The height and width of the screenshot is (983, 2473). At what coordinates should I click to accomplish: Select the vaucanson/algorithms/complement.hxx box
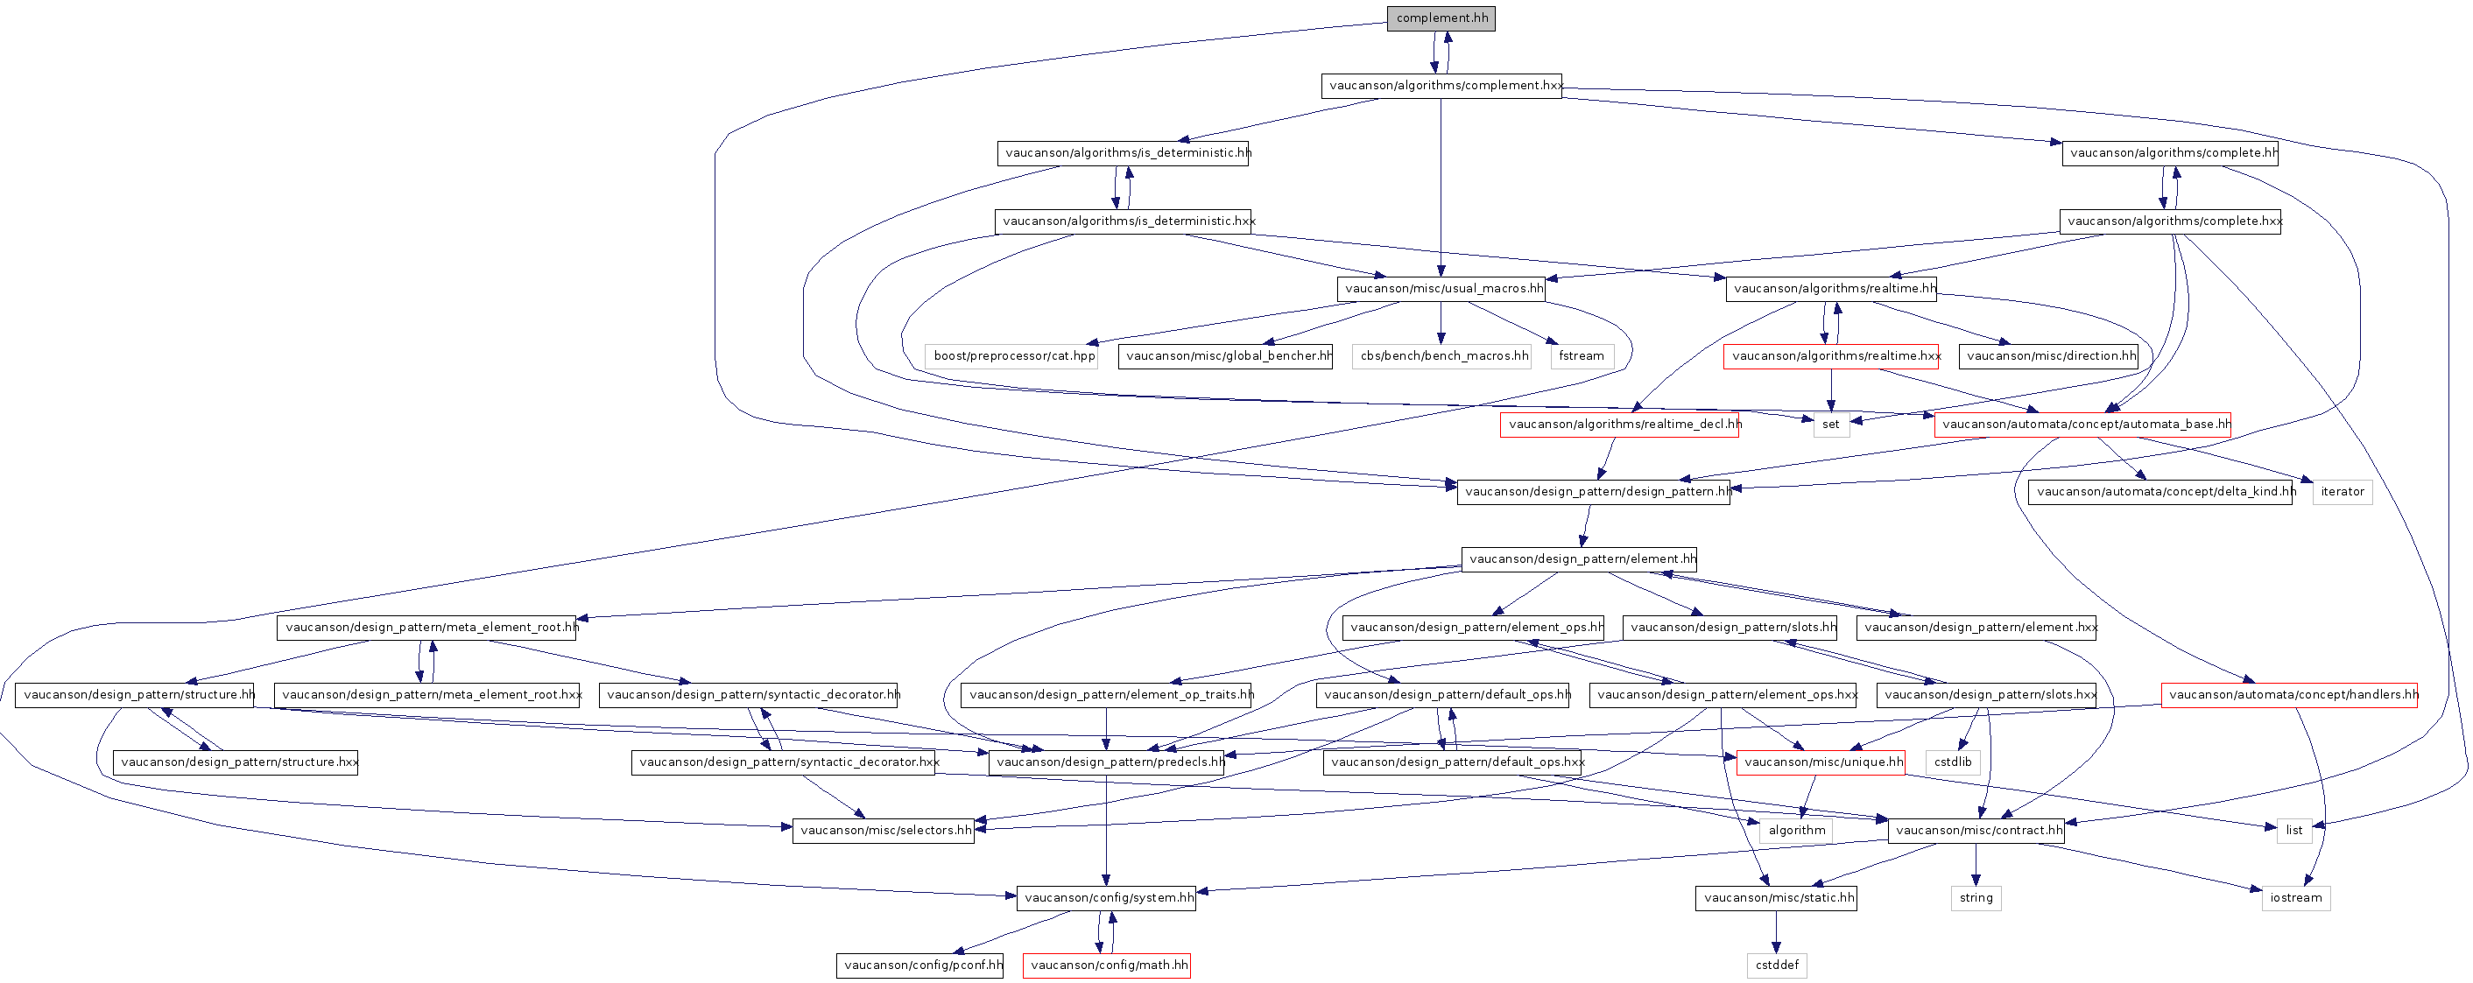(x=1441, y=86)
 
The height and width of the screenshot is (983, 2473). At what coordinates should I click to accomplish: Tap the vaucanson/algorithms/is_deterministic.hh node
(x=1124, y=152)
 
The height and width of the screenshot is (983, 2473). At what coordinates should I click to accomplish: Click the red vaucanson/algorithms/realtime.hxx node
(x=1831, y=356)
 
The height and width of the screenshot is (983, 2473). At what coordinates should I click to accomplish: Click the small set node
(x=1831, y=425)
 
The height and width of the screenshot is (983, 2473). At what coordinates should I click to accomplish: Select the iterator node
(x=2343, y=492)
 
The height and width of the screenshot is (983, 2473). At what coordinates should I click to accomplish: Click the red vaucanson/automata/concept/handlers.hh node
(x=2290, y=694)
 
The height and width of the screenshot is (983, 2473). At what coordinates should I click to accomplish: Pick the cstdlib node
(x=1953, y=762)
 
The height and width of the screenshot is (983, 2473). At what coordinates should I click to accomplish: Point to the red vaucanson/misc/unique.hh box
(x=1821, y=762)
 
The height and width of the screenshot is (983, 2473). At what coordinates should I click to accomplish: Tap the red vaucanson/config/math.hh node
(x=1107, y=965)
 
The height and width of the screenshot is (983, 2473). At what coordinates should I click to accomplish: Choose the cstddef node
(x=1777, y=965)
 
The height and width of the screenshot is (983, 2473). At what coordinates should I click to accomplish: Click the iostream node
(x=2295, y=897)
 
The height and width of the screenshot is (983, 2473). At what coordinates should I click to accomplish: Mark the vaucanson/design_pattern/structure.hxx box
(x=236, y=762)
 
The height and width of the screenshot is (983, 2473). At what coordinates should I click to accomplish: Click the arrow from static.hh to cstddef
(x=1776, y=931)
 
